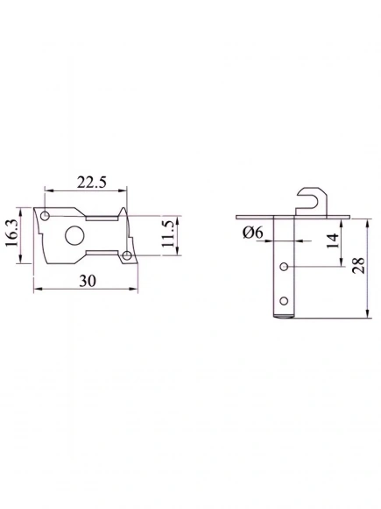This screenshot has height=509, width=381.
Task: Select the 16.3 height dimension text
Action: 11,233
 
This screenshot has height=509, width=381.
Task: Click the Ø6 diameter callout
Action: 252,232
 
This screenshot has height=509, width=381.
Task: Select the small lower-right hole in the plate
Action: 127,255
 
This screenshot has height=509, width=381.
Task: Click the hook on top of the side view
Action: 310,197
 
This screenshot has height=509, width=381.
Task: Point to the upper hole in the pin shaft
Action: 285,266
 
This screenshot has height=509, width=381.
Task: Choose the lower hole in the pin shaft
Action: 284,298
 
